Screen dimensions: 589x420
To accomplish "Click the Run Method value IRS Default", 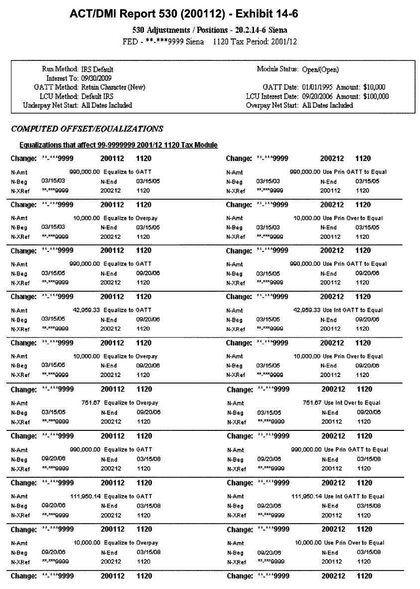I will pyautogui.click(x=97, y=69).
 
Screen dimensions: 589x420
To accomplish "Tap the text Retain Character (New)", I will pyautogui.click(x=113, y=87).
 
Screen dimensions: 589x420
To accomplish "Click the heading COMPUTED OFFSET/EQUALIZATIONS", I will pyautogui.click(x=87, y=129).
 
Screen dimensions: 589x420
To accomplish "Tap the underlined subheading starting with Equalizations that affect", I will pyautogui.click(x=118, y=145).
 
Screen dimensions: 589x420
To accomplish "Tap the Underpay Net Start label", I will pyautogui.click(x=51, y=105).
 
